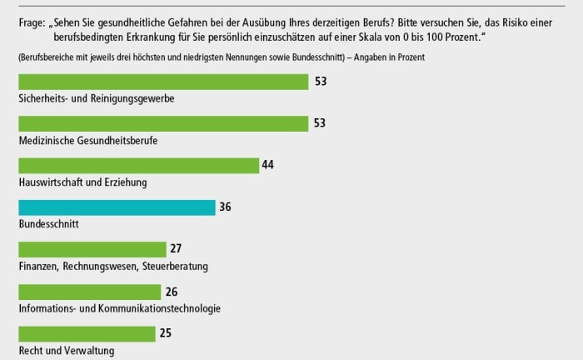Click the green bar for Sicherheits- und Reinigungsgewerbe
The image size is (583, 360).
(x=163, y=82)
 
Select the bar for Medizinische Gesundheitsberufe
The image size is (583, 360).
(x=163, y=123)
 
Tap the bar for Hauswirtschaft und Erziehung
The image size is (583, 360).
(x=138, y=165)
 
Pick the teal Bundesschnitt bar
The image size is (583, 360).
(x=117, y=207)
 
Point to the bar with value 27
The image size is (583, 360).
(x=92, y=249)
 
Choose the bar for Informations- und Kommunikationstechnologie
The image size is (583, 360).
(x=89, y=292)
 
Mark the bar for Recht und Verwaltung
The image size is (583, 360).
(x=87, y=333)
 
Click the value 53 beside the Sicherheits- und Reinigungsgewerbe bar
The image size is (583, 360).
(x=320, y=81)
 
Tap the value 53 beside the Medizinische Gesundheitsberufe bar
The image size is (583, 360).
(x=320, y=122)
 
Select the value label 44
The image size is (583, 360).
(x=268, y=164)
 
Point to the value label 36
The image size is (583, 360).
(x=225, y=207)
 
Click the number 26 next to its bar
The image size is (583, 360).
(x=172, y=291)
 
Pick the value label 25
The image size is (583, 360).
(x=167, y=332)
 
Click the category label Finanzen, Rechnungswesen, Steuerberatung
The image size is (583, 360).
(x=113, y=267)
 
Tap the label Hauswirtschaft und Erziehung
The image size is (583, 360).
(x=82, y=182)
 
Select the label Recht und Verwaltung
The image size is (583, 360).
(x=67, y=351)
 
